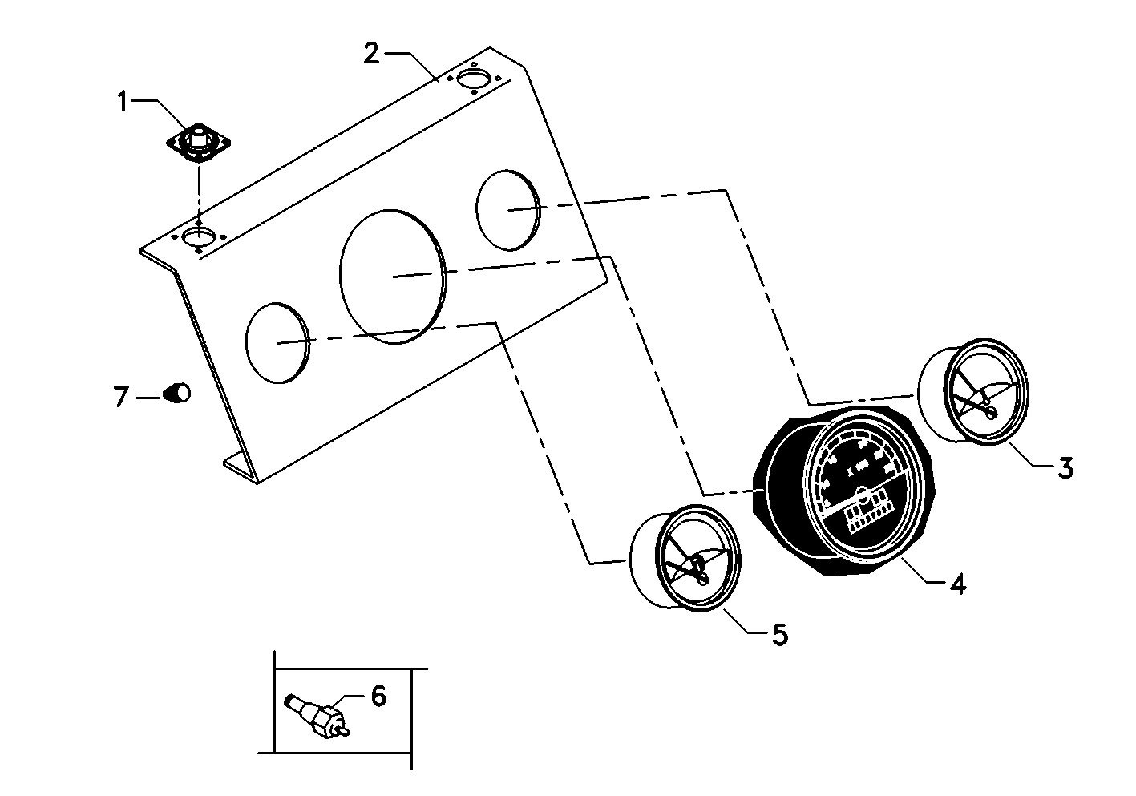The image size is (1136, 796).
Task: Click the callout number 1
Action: point(123,102)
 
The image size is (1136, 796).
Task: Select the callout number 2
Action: point(371,54)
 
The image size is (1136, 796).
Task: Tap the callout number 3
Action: point(1065,467)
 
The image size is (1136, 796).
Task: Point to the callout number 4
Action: point(957,584)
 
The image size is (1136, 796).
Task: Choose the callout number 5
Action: point(779,635)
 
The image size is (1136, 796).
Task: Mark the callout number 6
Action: point(378,696)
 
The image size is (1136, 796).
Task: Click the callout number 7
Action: point(121,396)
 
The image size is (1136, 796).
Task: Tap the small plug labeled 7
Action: point(178,393)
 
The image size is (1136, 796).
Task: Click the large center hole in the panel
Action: point(392,276)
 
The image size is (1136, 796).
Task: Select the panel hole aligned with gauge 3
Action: point(507,210)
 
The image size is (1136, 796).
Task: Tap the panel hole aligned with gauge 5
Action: point(277,343)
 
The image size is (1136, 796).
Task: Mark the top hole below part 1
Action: point(198,236)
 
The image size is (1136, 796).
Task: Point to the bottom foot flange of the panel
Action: point(239,464)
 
